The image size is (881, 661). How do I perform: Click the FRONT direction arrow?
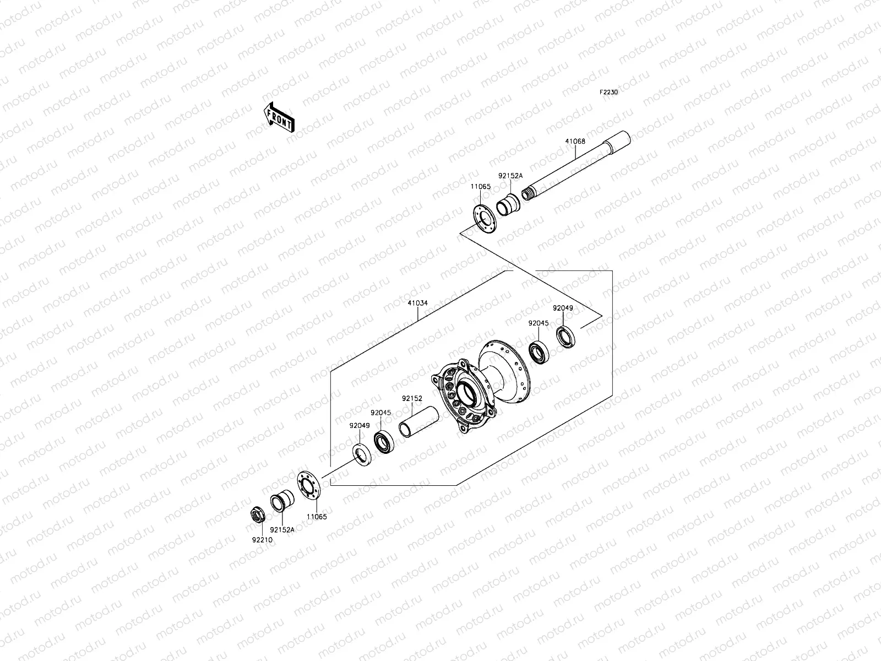[x=279, y=117]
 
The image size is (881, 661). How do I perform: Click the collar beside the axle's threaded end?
[x=507, y=204]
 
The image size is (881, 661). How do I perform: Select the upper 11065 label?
[x=480, y=187]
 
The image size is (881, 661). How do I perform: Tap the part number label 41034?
[x=417, y=303]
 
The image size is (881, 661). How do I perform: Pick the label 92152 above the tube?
[x=412, y=398]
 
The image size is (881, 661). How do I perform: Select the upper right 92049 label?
[x=563, y=308]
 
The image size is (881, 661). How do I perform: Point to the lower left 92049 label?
[x=359, y=425]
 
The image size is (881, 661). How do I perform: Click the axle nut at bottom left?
[x=258, y=514]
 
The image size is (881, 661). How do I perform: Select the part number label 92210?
[x=262, y=540]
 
